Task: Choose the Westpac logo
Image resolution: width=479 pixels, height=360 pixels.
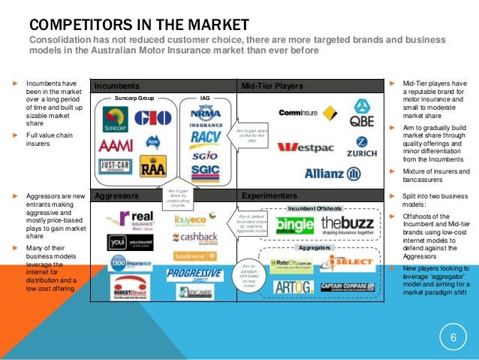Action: point(304,147)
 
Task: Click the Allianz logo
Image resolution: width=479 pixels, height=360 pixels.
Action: point(333,174)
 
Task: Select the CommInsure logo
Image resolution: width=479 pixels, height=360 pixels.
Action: point(299,113)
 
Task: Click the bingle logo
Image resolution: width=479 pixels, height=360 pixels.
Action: point(294,225)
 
